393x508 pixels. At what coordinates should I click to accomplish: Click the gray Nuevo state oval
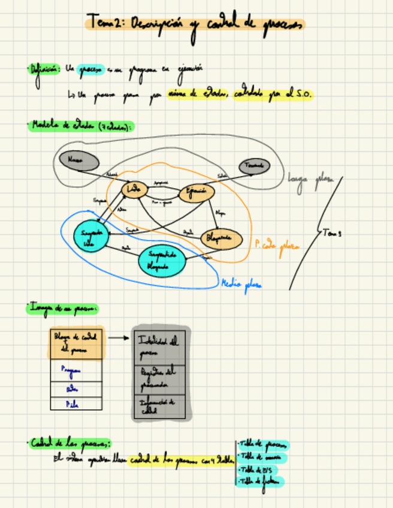[x=78, y=160]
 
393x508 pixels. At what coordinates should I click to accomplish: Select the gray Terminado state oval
[x=255, y=166]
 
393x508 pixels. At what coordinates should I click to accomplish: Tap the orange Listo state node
[x=135, y=190]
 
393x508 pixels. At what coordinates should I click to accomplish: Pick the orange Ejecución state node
[x=196, y=192]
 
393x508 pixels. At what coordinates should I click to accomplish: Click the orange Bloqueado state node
[x=220, y=239]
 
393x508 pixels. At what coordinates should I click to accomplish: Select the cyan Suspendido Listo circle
[x=90, y=237]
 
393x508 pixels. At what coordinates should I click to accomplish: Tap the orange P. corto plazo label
[x=276, y=246]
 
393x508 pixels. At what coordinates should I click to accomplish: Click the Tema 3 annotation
[x=331, y=232]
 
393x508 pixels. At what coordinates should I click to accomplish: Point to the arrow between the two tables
[x=119, y=338]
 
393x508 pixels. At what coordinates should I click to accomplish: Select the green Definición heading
[x=44, y=69]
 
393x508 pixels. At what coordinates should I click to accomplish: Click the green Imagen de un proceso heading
[x=62, y=308]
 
